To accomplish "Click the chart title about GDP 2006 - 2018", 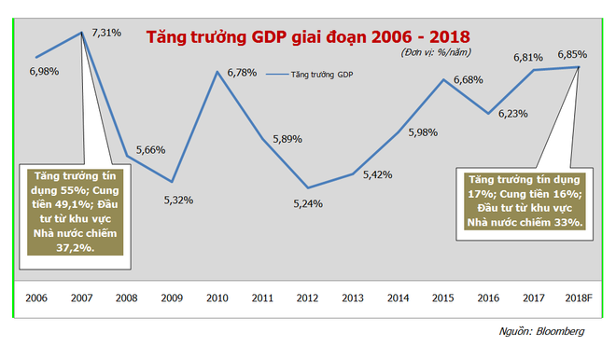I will pos(307,38).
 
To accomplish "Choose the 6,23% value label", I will pos(513,114).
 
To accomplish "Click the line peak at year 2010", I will pos(218,71).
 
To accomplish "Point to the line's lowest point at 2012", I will pos(308,187).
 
